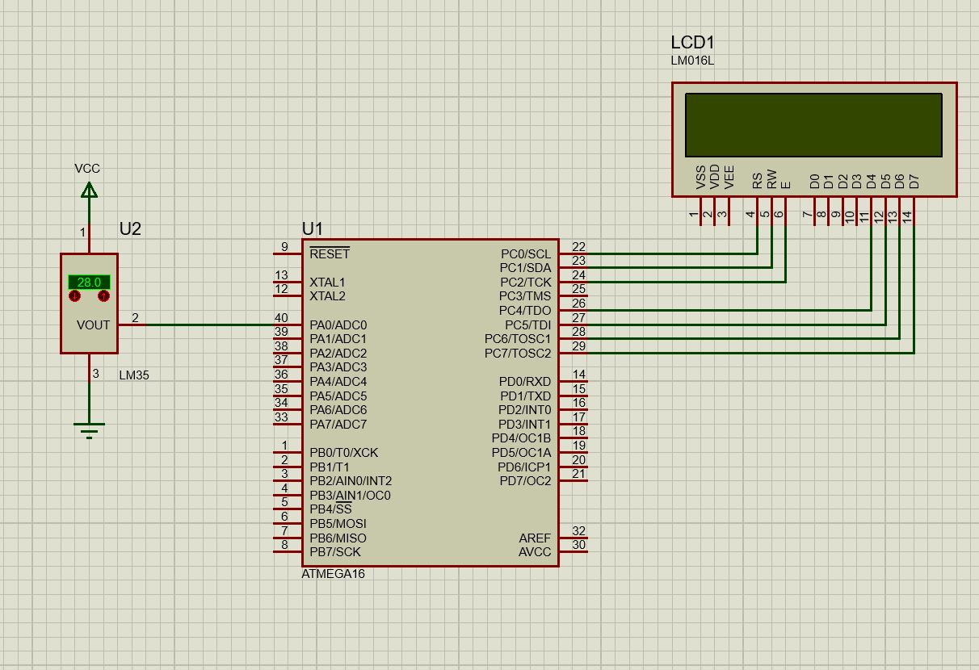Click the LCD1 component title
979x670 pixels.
693,42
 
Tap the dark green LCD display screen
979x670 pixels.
813,125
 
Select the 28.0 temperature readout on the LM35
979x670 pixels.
89,283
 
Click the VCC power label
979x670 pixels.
87,168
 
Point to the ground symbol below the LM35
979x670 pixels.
89,430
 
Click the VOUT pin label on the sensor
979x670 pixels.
93,325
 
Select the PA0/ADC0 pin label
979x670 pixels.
338,325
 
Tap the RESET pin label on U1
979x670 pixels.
330,253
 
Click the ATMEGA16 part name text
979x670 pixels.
333,573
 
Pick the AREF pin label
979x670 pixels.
535,538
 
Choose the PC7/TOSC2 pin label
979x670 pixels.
518,353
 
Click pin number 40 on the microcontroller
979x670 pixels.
281,317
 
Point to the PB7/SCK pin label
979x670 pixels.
335,551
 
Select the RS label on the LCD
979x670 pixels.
758,180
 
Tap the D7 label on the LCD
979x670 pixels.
914,182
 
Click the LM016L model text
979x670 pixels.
693,61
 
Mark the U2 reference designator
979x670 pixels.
130,229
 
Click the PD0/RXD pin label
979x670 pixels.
525,381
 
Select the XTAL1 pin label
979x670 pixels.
327,283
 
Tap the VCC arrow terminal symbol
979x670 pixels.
89,190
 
